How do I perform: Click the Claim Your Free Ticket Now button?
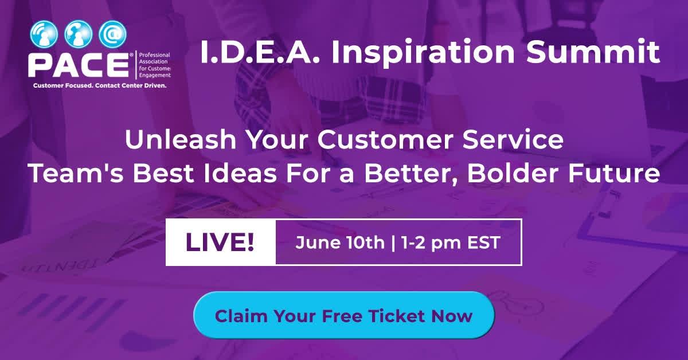point(344,315)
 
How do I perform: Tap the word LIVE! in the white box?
point(220,242)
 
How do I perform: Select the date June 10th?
point(340,242)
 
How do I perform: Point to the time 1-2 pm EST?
point(451,242)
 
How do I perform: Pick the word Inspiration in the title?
point(423,53)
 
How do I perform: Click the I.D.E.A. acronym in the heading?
point(260,52)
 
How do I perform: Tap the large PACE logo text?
point(79,65)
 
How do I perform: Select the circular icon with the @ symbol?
point(113,34)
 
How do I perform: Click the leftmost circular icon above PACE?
point(44,34)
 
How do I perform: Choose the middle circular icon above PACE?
point(79,34)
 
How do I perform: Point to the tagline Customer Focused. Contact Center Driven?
point(100,85)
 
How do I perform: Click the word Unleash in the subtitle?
point(181,140)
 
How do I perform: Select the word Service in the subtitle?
point(513,140)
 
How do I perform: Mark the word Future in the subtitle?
point(614,174)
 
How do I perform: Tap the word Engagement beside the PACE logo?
point(155,76)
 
